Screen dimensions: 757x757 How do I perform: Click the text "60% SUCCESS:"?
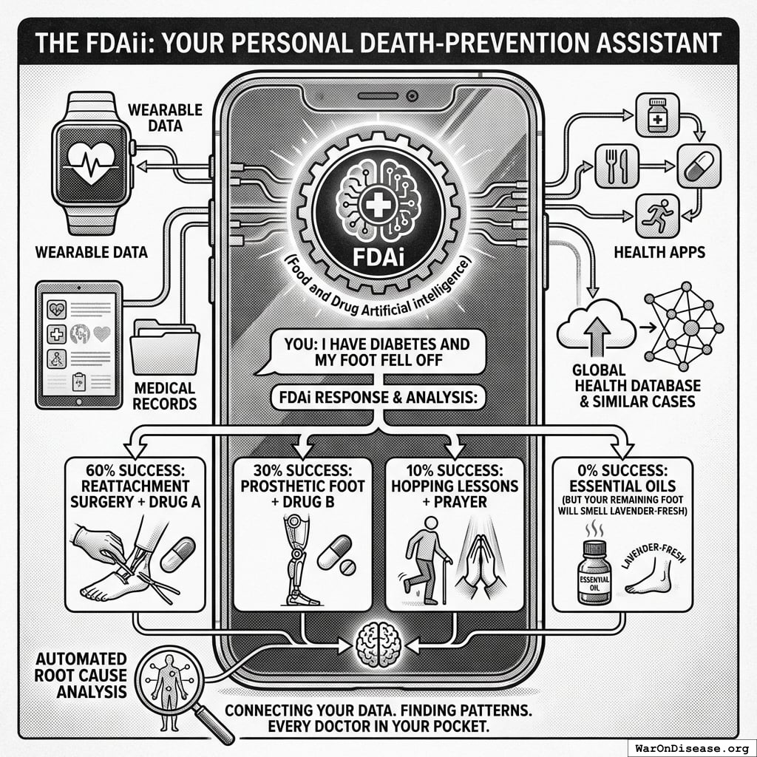pyautogui.click(x=131, y=469)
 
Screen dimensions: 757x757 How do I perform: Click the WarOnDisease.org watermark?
pyautogui.click(x=690, y=747)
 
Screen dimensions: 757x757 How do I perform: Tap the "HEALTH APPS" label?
pyautogui.click(x=659, y=253)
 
